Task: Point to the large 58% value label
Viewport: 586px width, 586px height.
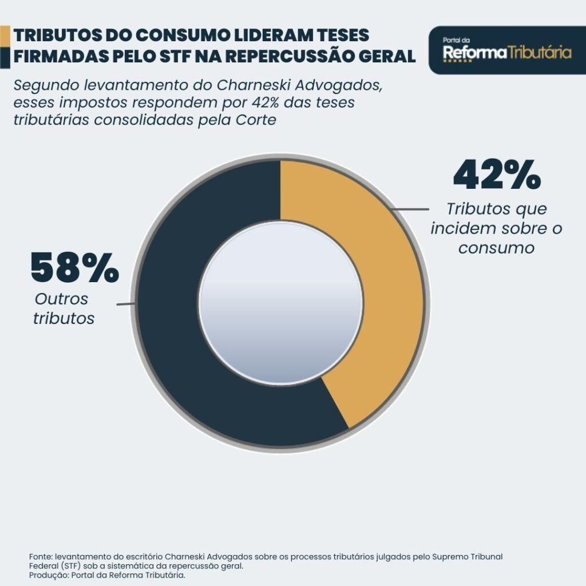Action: click(74, 268)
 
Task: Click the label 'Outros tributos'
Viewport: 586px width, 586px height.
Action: click(63, 308)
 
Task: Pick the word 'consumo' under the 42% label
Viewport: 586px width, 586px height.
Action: click(496, 248)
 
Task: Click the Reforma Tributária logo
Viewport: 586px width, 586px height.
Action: click(507, 50)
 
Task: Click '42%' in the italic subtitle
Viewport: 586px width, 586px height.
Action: click(265, 104)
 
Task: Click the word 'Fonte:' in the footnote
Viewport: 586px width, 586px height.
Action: click(41, 556)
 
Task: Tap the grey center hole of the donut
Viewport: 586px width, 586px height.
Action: click(280, 303)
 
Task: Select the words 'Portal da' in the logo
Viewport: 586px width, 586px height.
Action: click(456, 40)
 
